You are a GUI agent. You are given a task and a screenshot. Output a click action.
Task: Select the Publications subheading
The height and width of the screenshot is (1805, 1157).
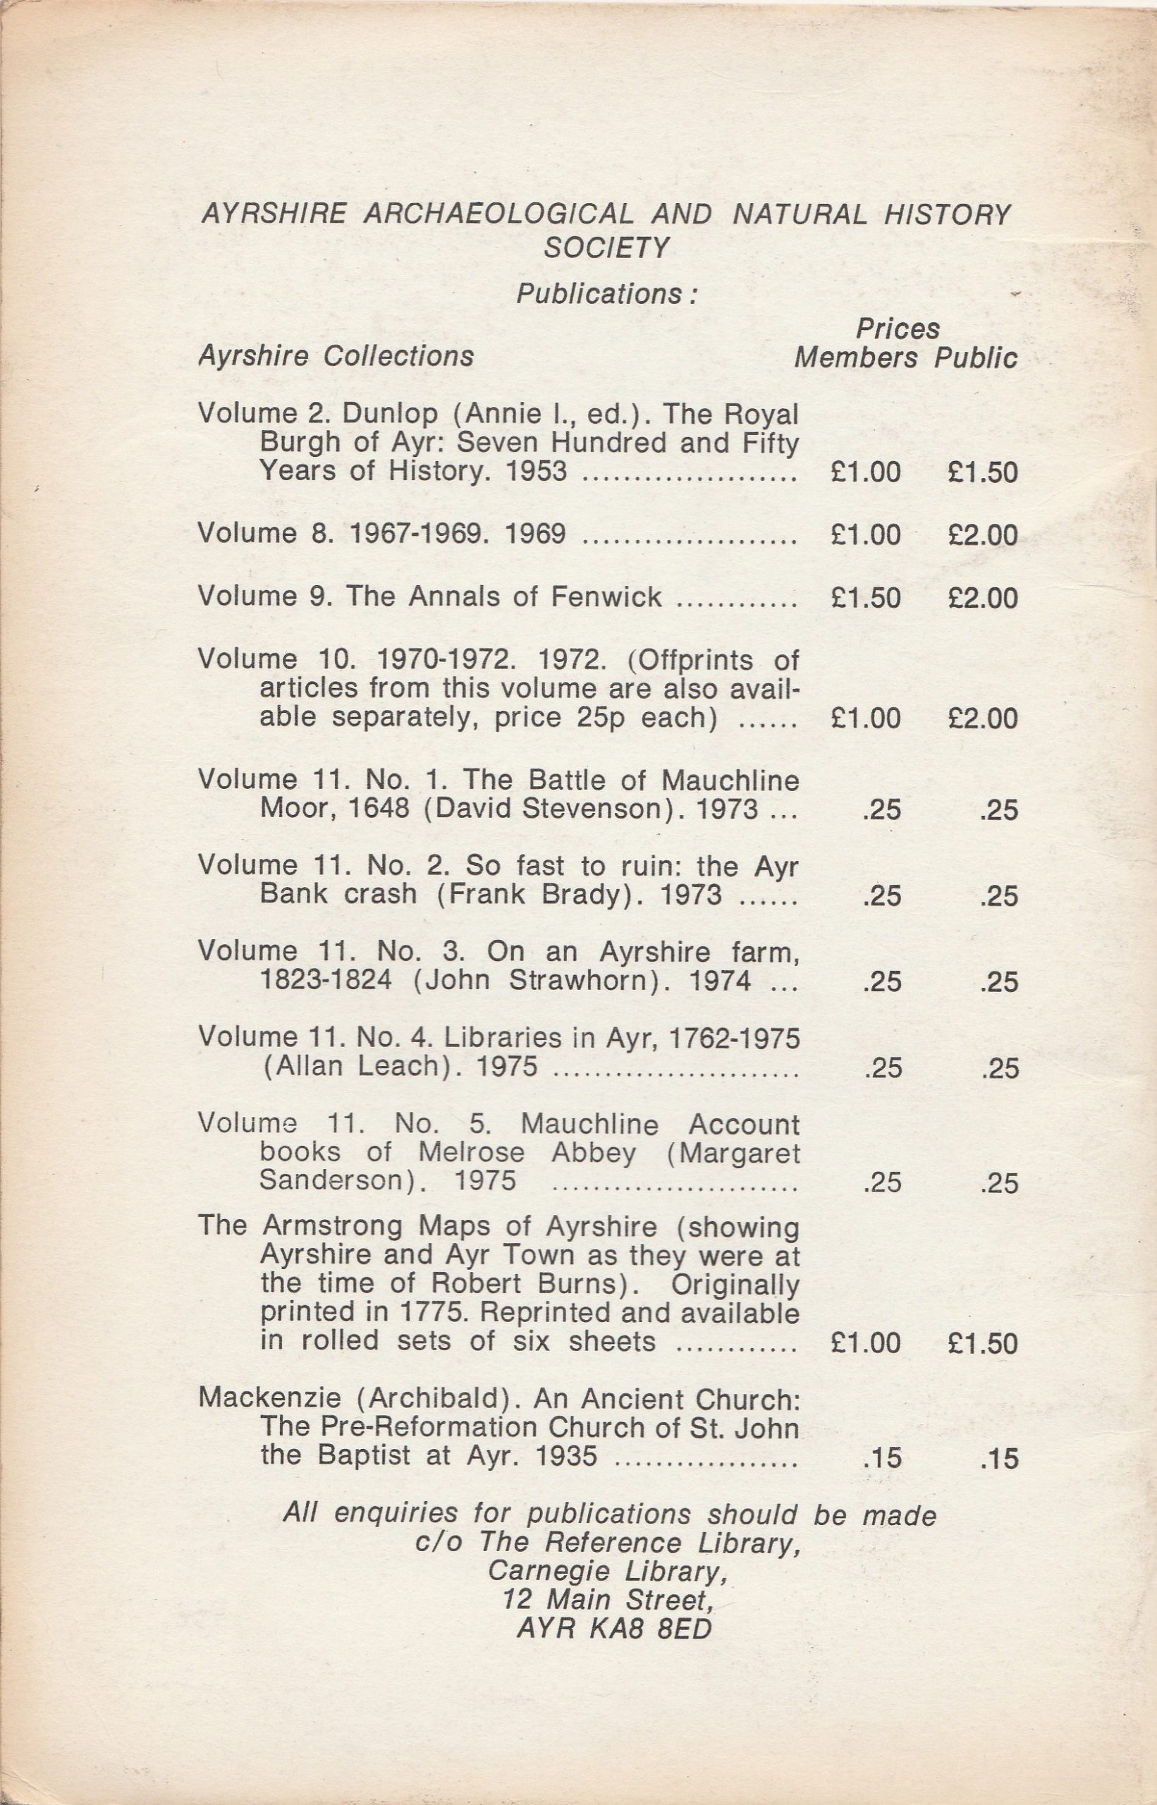point(606,294)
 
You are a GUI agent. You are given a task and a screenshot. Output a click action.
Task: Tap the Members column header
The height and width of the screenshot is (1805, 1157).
point(856,358)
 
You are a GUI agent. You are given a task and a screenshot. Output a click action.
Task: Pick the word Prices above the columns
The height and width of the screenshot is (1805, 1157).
point(897,329)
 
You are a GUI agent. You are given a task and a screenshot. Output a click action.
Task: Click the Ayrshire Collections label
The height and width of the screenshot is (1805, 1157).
point(336,355)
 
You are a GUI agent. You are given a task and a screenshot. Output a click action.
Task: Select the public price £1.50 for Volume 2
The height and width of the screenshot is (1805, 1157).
point(982,472)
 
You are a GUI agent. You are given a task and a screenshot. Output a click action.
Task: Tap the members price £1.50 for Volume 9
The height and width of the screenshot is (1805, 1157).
point(866,597)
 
